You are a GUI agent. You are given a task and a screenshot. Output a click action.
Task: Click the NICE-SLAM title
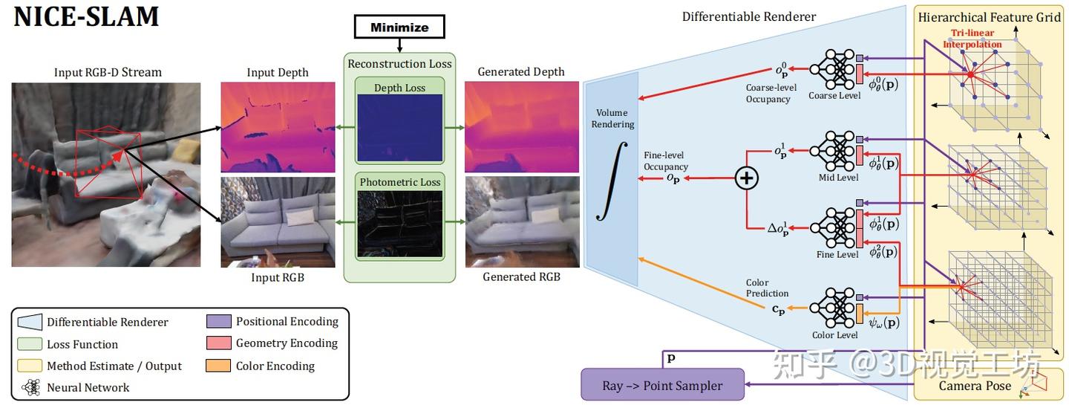tap(87, 16)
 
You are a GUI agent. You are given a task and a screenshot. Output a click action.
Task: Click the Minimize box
tap(399, 27)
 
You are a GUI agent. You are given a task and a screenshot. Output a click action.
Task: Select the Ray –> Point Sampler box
tap(662, 386)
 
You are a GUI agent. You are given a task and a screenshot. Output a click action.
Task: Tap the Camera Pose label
tap(974, 386)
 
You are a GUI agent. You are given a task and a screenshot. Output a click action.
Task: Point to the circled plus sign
tap(746, 178)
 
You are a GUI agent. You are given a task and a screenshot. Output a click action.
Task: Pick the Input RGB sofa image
tap(278, 221)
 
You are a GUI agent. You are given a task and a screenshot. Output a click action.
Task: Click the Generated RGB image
tap(521, 221)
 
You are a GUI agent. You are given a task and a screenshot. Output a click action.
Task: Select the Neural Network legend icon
tap(31, 387)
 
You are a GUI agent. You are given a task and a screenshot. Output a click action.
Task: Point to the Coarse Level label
tap(834, 96)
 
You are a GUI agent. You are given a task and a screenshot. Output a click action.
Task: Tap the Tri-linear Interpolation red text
tap(972, 39)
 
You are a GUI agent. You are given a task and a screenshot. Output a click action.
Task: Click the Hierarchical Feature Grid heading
tap(990, 17)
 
